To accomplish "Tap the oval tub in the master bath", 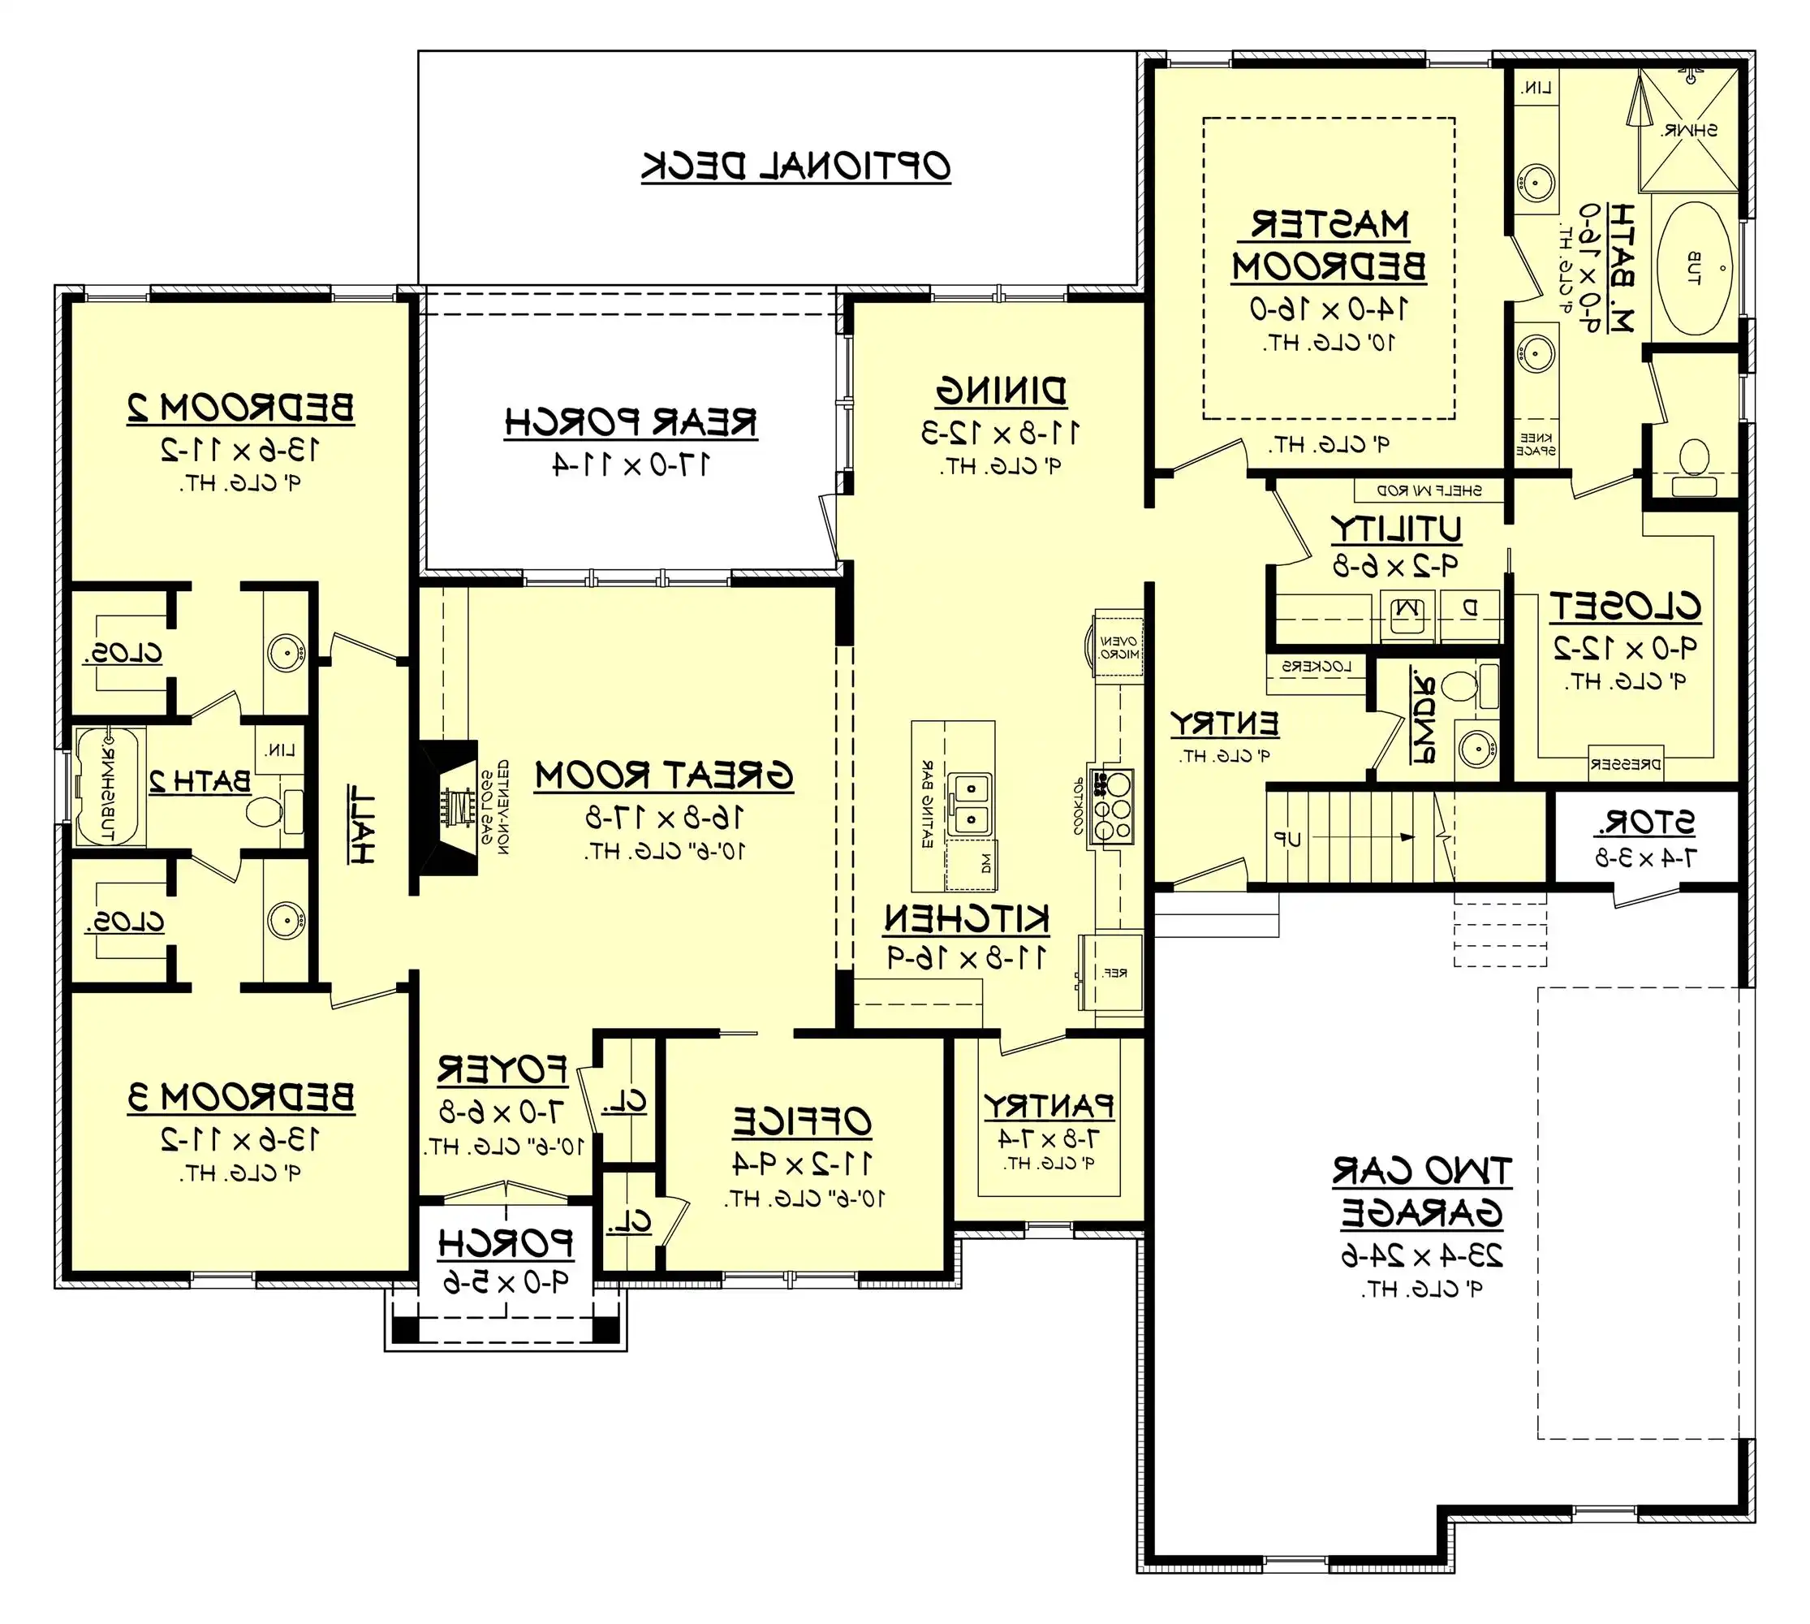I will coord(1694,269).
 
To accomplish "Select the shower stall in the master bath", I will coord(1689,129).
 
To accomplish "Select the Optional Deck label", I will coord(795,166).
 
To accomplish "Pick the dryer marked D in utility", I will coord(1469,610).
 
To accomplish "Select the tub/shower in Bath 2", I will coord(107,786).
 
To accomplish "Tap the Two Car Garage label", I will coord(1422,1192).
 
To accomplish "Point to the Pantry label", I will coord(1049,1108).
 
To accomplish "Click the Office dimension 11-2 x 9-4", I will coord(803,1164).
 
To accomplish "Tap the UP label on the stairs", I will coord(1287,839).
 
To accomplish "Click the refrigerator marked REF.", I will coord(1113,974).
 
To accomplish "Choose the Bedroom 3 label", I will coord(241,1098).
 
